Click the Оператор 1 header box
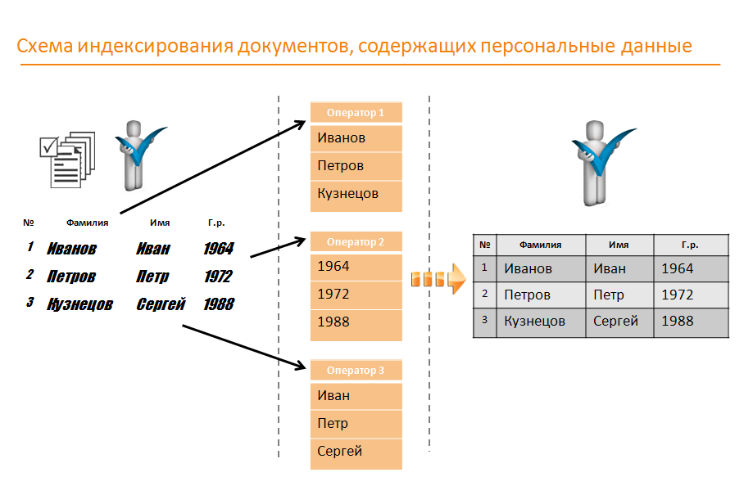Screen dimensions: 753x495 coord(356,113)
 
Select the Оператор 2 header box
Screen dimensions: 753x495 coord(356,241)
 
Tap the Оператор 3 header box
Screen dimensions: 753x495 coord(356,371)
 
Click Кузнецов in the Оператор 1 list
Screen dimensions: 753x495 coord(347,194)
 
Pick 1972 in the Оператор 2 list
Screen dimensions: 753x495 coord(333,294)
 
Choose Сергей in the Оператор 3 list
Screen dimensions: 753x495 coord(339,452)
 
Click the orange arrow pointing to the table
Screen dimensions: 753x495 coord(438,279)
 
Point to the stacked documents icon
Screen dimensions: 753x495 coord(67,160)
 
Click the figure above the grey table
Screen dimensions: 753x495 coord(602,163)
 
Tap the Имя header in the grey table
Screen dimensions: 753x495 coord(619,245)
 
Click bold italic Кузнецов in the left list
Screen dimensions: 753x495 coord(79,304)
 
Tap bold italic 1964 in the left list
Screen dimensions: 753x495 coord(219,249)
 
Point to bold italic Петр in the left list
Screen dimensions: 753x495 coord(152,277)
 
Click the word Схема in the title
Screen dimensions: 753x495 coord(45,46)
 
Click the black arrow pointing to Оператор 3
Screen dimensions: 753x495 coord(244,347)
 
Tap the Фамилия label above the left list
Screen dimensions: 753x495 coord(87,223)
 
